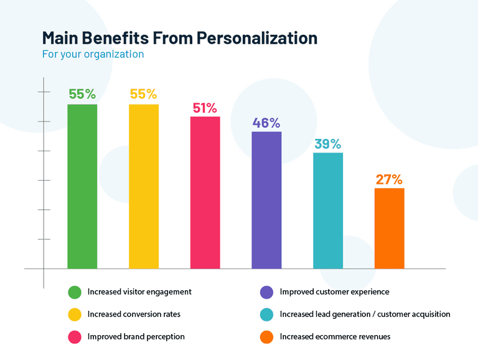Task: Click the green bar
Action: (82, 186)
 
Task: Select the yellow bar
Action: (144, 186)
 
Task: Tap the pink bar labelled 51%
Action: (205, 192)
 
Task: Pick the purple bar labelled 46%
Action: (266, 200)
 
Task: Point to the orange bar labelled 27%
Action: (389, 228)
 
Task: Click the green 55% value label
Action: (82, 94)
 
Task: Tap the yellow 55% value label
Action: (143, 94)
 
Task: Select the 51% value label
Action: (205, 107)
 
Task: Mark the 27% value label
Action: (389, 179)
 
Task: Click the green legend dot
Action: (75, 292)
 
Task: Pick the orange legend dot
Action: (267, 337)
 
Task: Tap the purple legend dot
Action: (267, 292)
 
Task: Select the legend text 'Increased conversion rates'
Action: (134, 314)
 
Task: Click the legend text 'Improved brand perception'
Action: (136, 336)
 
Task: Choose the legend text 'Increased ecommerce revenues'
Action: (335, 336)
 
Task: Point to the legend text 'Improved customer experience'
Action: (334, 291)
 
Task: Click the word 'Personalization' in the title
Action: (257, 38)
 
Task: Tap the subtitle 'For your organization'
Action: (93, 54)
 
